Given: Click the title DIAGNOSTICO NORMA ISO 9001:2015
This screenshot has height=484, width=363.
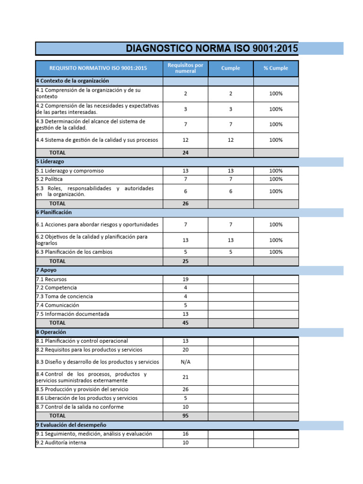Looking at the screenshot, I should click(x=212, y=48).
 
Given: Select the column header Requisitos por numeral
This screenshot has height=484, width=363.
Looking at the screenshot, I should click(x=185, y=68).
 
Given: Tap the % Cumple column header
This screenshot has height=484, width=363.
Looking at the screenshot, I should click(x=276, y=68).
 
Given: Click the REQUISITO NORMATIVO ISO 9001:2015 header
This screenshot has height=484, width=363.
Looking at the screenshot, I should click(x=98, y=68).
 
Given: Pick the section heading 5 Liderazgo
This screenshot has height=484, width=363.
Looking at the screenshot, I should click(x=50, y=162).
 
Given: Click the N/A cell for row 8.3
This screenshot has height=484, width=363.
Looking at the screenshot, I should click(x=185, y=362).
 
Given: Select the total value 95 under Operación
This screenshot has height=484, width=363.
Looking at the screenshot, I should click(x=185, y=416).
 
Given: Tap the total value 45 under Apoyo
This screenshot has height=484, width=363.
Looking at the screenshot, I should click(x=185, y=323).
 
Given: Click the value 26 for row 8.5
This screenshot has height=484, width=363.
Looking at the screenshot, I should click(x=185, y=389).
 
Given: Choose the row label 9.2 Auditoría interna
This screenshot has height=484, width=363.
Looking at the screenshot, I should click(x=61, y=443).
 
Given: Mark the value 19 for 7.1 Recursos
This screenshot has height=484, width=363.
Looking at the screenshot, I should click(x=185, y=279).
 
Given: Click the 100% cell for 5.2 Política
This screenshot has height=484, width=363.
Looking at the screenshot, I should click(x=276, y=179).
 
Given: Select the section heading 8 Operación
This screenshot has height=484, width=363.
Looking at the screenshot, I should click(x=51, y=332).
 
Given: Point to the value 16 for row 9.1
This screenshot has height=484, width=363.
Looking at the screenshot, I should click(x=185, y=434).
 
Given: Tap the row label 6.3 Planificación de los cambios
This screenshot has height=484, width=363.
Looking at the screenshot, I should click(x=74, y=252).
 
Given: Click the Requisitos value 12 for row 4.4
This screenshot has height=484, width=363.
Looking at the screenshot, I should click(x=185, y=140).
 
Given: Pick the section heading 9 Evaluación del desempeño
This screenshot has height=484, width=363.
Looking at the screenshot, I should click(x=71, y=425).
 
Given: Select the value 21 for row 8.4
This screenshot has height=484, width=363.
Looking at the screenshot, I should click(x=185, y=377).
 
